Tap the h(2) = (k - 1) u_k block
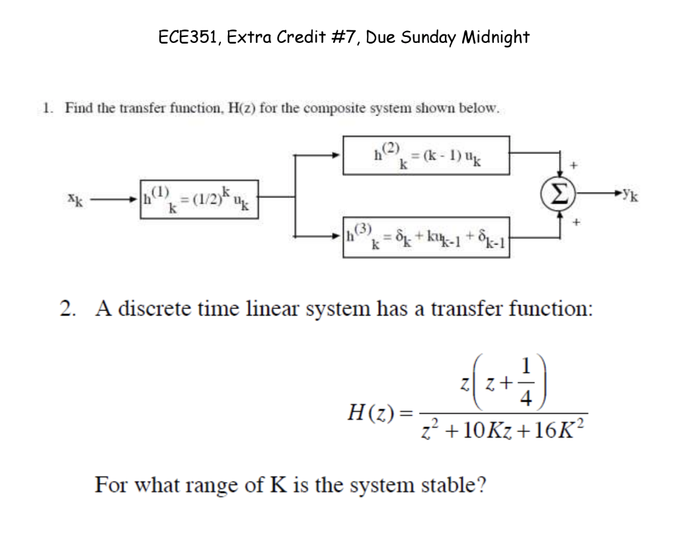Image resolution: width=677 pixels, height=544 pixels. point(426,155)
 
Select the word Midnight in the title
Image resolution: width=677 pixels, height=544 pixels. point(495,37)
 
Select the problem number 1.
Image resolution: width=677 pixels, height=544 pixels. point(46,108)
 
